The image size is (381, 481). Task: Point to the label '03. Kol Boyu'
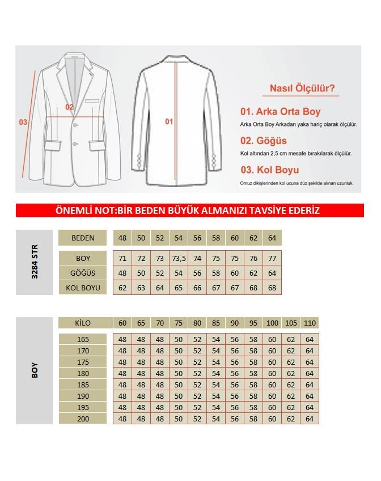(269, 170)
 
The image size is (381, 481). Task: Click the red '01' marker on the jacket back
(168, 121)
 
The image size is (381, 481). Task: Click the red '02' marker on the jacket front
(69, 107)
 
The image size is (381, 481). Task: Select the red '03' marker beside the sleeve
(23, 121)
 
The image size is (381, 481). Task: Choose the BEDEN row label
(83, 238)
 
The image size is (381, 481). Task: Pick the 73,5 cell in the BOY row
(179, 258)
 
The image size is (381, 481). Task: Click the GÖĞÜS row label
(83, 273)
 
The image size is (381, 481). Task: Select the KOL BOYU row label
(83, 288)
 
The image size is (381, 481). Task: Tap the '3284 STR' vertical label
(34, 262)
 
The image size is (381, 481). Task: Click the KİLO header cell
(83, 323)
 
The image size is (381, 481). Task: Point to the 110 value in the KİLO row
(310, 323)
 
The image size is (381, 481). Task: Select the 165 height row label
(83, 339)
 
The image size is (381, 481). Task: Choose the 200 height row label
(83, 418)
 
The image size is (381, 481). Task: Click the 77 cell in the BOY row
(272, 258)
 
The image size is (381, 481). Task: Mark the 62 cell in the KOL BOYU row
(122, 288)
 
